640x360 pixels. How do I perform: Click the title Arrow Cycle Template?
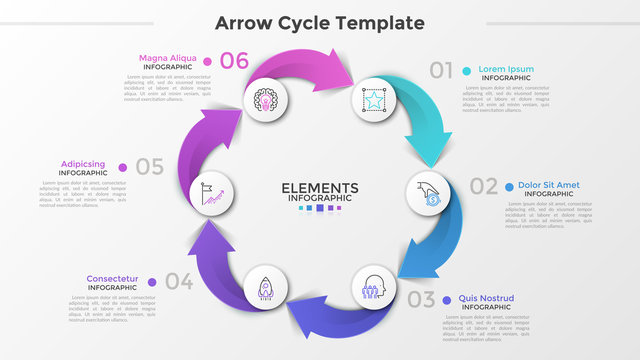click(319, 22)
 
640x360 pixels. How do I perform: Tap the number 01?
click(441, 70)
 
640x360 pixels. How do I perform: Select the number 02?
click(483, 186)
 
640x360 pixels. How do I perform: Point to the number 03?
click(421, 298)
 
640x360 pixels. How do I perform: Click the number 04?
click(179, 281)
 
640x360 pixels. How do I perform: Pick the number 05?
click(150, 167)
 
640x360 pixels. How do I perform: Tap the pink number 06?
click(233, 60)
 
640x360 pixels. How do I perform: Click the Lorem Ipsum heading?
click(506, 69)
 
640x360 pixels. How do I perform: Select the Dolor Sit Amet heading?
click(548, 185)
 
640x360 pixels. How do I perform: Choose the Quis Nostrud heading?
click(486, 298)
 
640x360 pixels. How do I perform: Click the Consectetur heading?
click(112, 279)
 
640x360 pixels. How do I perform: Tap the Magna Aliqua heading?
click(168, 58)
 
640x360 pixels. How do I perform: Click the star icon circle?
click(373, 100)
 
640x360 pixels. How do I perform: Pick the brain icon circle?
click(266, 100)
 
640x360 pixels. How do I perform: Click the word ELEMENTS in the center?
click(319, 188)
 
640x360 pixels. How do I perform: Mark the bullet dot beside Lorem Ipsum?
click(467, 70)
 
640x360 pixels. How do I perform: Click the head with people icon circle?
click(374, 285)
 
